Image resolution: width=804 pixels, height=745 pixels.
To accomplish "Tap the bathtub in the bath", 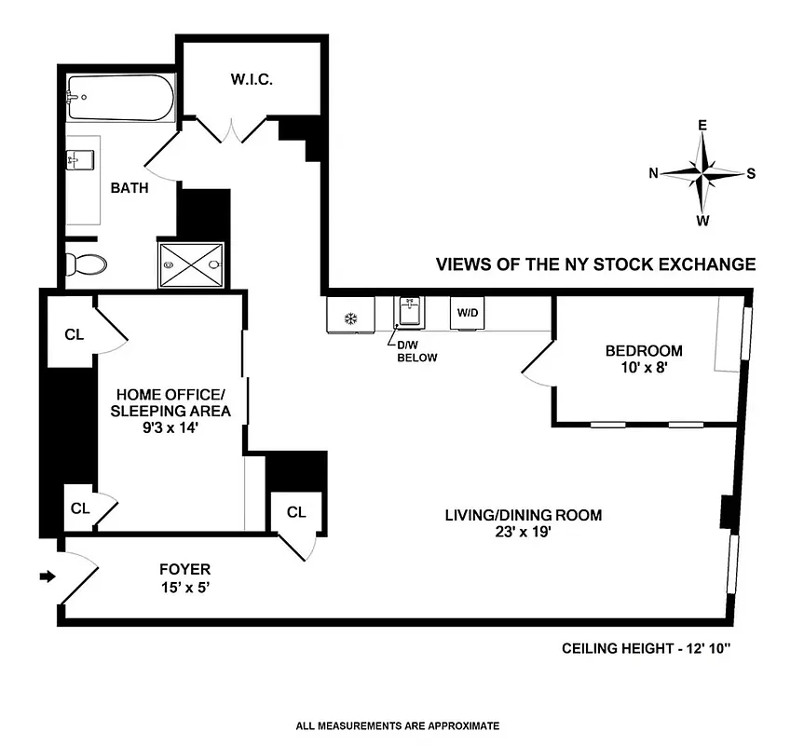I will click(x=120, y=98).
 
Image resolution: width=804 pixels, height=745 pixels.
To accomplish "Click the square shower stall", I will click(x=192, y=264).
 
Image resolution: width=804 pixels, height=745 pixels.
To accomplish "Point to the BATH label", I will click(x=129, y=188).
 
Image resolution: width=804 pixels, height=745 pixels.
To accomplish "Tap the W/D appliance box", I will click(x=466, y=312).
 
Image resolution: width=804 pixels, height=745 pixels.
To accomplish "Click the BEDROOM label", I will click(x=644, y=351).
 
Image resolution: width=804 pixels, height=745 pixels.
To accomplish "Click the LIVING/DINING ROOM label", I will click(x=523, y=515).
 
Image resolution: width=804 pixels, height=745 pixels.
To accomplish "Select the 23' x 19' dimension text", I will click(x=523, y=534).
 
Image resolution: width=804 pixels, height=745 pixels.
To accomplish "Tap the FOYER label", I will click(x=184, y=569).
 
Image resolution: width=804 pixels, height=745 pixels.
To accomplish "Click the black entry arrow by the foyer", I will click(x=48, y=577).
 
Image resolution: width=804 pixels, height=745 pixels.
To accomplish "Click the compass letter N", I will click(x=654, y=172).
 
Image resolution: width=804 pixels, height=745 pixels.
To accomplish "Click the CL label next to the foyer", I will click(x=296, y=512).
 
